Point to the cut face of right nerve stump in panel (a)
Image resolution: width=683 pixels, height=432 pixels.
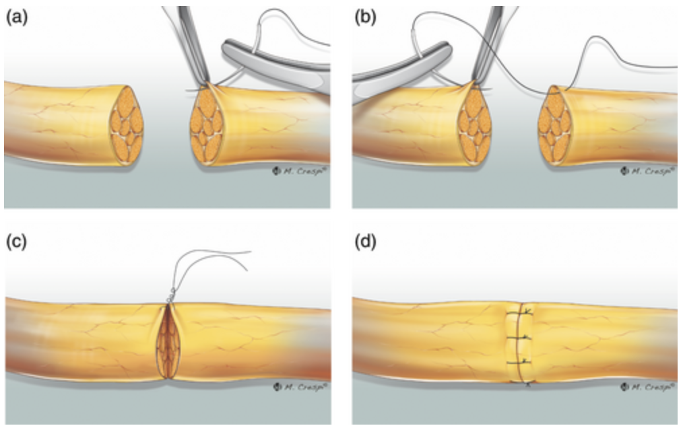coord(209,127)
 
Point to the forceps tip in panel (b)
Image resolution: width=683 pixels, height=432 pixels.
coord(477,83)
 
